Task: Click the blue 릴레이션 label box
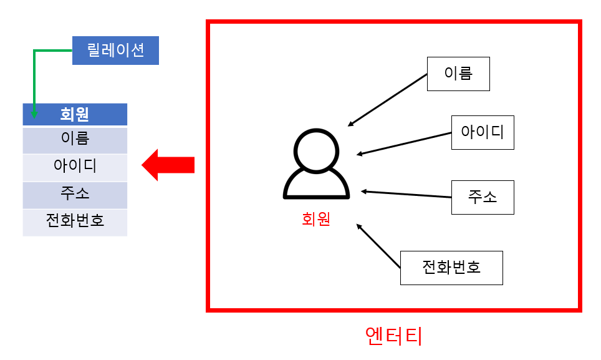(115, 51)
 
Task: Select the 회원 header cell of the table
(75, 115)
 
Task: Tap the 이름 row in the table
(75, 140)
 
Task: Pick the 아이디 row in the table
(75, 167)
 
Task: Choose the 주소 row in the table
(75, 194)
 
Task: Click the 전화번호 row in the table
(75, 221)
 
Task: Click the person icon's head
(315, 150)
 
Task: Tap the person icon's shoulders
(315, 186)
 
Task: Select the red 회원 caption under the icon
(315, 219)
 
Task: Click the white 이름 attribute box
(458, 74)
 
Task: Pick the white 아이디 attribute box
(483, 132)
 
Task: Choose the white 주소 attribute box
(483, 197)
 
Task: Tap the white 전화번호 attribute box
(451, 268)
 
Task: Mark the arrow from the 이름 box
(388, 100)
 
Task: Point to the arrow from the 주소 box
(405, 194)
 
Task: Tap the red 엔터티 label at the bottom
(393, 336)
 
